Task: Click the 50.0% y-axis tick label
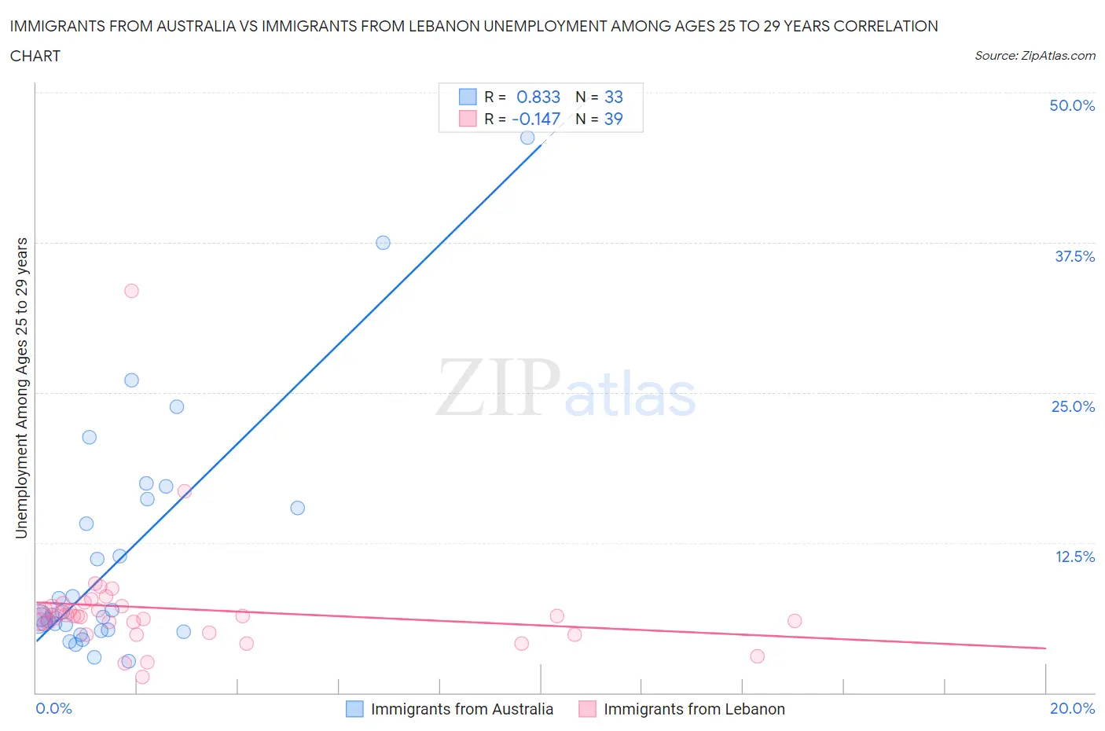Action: pos(1071,105)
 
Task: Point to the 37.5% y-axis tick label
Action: pos(1074,256)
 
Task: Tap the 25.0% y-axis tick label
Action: pos(1072,406)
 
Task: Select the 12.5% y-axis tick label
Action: pos(1074,557)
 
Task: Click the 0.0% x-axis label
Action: pos(53,708)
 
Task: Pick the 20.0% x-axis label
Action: pos(1072,708)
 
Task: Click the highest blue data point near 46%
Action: pos(527,138)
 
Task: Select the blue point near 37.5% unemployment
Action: pos(383,243)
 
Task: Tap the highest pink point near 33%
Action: pos(131,291)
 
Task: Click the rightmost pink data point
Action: pos(795,621)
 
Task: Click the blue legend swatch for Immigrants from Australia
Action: pos(355,709)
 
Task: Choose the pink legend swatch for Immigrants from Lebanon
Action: pos(587,709)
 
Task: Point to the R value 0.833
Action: pos(538,97)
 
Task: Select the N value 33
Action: pos(613,97)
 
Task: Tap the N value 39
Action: pos(613,119)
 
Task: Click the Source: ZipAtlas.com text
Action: pos(1034,56)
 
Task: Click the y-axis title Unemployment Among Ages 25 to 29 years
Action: pos(21,388)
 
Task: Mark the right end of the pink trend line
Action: pos(1045,648)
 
